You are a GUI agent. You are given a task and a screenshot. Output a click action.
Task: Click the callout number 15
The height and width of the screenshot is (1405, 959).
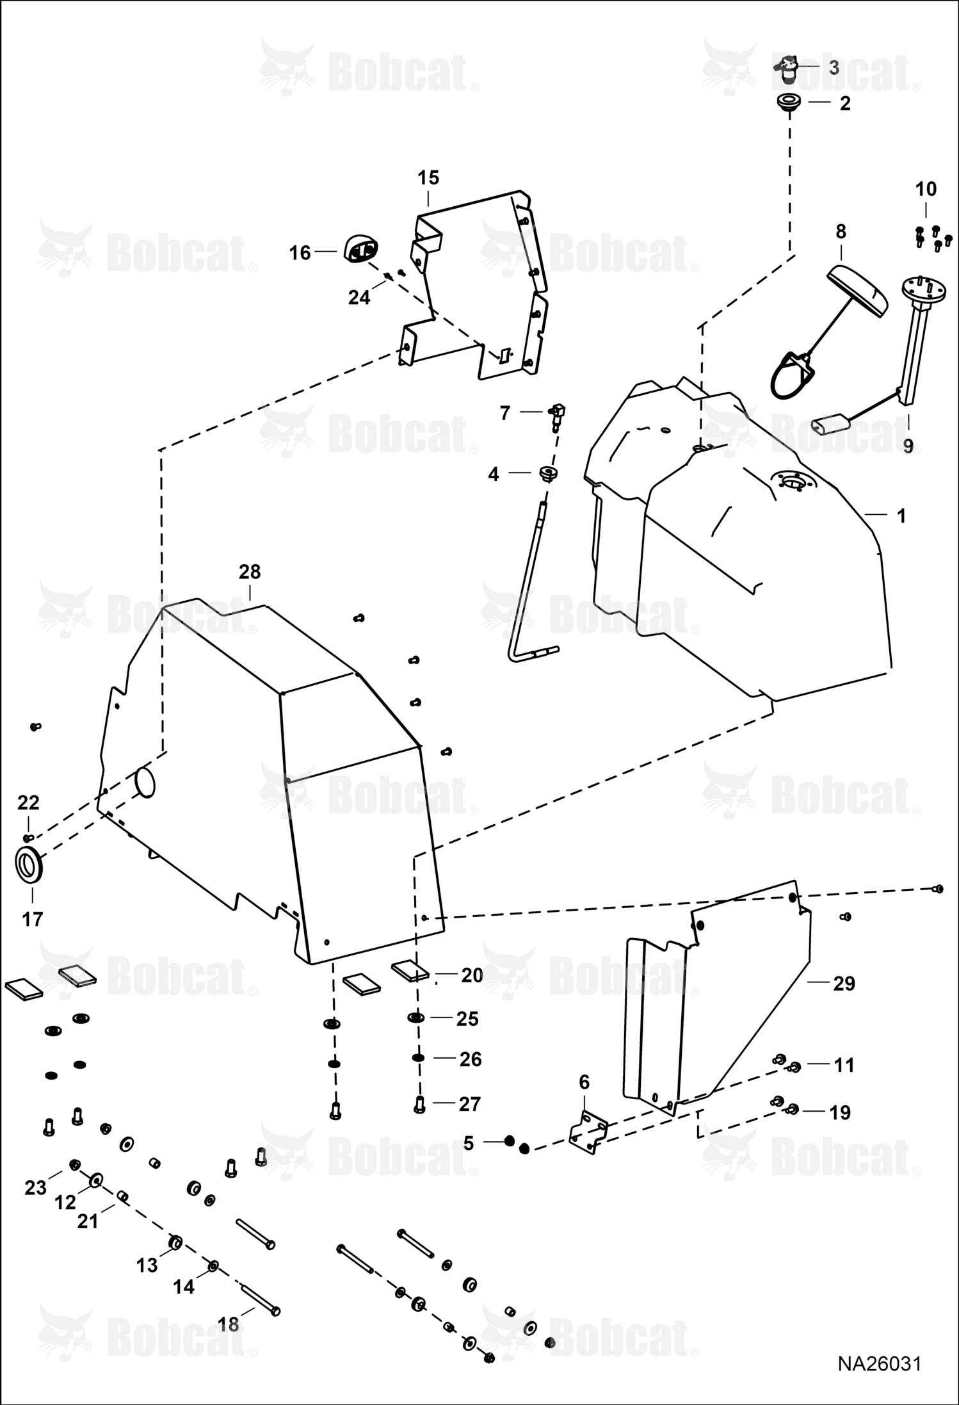(428, 177)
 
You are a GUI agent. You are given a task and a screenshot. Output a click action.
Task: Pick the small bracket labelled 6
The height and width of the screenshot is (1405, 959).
(588, 1132)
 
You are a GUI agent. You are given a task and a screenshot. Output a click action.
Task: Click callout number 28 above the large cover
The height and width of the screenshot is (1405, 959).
(250, 572)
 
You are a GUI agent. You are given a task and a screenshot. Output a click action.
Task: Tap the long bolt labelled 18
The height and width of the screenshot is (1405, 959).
(257, 1298)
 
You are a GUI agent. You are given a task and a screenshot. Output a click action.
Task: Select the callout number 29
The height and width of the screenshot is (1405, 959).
(844, 983)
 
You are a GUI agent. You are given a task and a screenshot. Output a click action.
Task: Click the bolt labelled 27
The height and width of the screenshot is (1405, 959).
(419, 1104)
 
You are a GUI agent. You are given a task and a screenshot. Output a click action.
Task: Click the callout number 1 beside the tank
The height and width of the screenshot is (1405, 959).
(901, 516)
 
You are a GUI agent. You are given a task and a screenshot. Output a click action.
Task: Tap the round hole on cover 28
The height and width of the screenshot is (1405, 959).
(145, 783)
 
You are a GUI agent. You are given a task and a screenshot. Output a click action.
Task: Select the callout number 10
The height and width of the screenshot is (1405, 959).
(926, 189)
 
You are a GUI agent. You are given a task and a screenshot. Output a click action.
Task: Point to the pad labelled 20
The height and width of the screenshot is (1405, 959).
(410, 971)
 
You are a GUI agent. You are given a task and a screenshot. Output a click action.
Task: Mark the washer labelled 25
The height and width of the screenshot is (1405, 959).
(417, 1018)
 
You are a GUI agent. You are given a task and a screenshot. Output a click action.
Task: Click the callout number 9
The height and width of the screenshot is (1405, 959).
(908, 446)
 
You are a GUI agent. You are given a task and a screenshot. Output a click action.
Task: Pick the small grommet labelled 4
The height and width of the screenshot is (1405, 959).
(548, 474)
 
